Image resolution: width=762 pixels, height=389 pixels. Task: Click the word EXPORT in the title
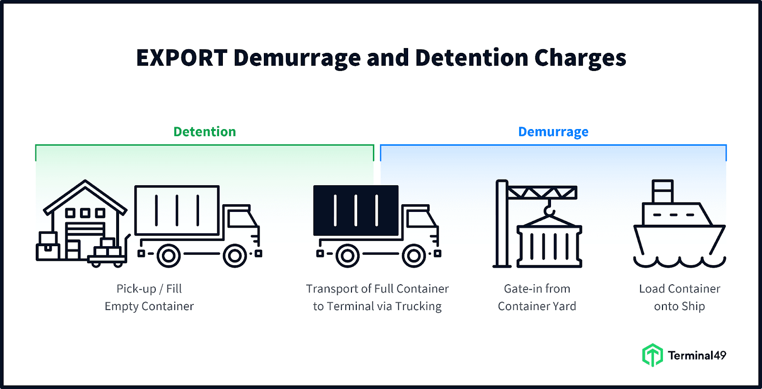181,58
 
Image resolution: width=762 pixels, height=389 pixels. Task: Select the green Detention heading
204,132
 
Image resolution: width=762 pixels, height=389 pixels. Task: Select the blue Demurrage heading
553,132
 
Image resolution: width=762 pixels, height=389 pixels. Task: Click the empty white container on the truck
177,210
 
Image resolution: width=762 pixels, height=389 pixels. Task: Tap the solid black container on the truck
356,210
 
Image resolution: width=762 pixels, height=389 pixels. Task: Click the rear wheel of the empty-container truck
169,256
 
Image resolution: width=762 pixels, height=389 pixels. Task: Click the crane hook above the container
549,209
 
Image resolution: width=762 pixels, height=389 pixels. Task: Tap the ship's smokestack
662,191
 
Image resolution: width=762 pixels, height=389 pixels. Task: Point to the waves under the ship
680,262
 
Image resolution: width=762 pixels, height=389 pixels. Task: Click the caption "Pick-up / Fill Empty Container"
149,298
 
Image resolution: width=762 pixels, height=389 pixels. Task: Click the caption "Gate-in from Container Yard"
537,298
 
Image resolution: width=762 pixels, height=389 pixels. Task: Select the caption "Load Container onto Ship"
680,298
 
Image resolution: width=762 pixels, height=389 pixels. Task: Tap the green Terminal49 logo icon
652,355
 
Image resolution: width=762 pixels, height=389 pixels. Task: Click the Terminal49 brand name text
697,356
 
